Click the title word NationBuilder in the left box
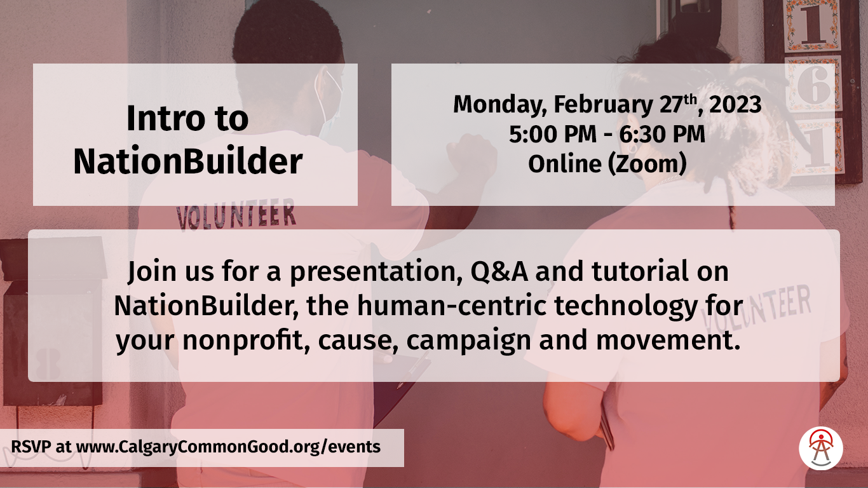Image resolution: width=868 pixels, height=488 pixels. (187, 162)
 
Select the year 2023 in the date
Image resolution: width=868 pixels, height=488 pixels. (735, 105)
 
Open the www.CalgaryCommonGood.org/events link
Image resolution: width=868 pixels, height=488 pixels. (228, 447)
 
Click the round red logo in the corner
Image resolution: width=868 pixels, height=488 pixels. (821, 448)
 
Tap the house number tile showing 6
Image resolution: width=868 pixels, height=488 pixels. (813, 85)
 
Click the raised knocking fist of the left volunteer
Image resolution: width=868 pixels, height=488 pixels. (470, 156)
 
